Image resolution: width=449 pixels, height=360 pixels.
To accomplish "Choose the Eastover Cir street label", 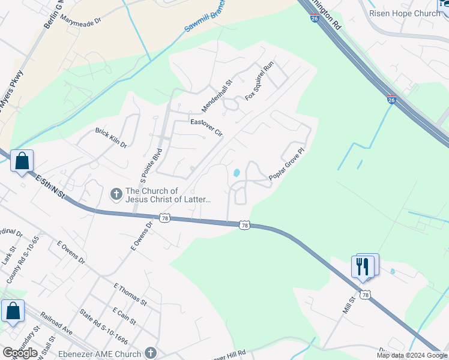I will (206, 128).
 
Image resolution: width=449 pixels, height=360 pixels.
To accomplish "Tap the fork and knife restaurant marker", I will (363, 266).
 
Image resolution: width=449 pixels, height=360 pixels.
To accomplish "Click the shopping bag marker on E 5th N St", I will (22, 161).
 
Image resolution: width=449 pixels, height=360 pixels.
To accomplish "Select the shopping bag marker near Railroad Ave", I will (13, 312).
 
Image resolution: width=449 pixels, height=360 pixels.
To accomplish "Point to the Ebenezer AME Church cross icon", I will (151, 354).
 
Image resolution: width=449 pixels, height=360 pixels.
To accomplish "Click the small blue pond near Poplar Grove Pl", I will (237, 173).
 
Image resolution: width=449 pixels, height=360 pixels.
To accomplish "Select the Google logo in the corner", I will (20, 353).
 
